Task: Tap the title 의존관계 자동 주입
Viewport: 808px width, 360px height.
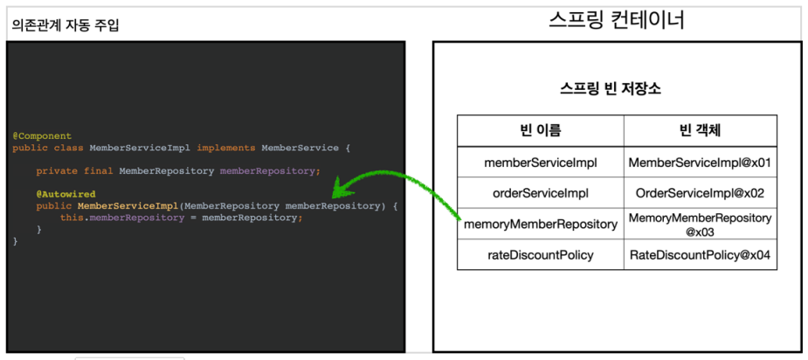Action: click(x=66, y=24)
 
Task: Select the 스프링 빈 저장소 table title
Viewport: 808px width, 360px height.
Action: click(x=611, y=89)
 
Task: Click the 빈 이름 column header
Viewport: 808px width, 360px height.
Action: click(x=541, y=130)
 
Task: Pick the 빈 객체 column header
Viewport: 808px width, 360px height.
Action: click(x=701, y=130)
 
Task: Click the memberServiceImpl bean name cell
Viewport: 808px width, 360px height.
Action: click(x=541, y=163)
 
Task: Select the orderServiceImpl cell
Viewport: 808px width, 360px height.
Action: click(x=541, y=193)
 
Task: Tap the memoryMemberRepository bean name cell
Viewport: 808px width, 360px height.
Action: click(x=541, y=225)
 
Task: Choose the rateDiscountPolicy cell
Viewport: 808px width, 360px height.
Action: click(x=541, y=254)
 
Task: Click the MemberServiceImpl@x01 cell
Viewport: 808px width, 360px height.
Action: click(x=701, y=163)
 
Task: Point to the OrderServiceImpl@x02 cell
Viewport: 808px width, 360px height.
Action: click(x=701, y=193)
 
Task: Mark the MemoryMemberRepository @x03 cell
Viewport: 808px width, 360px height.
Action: click(x=701, y=225)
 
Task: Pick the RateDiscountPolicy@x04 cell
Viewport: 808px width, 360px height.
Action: click(x=701, y=254)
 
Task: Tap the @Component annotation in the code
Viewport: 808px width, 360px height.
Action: click(x=42, y=136)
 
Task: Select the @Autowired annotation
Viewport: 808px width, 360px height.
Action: click(x=66, y=195)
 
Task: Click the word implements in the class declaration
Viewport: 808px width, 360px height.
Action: click(x=226, y=148)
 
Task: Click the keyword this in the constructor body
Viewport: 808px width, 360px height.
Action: click(x=72, y=218)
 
